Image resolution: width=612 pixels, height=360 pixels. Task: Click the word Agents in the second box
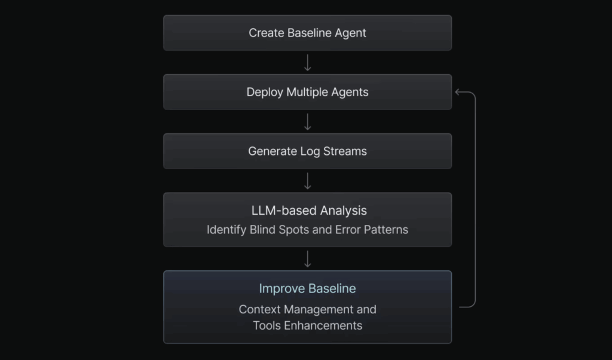click(350, 92)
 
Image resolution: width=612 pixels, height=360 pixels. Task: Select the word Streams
click(345, 151)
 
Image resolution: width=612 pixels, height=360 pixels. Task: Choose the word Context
click(259, 309)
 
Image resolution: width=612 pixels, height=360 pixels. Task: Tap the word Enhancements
click(323, 326)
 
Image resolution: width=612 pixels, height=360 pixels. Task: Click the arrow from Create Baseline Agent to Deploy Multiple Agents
click(308, 62)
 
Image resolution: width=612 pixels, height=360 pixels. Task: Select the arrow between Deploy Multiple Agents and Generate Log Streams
click(308, 122)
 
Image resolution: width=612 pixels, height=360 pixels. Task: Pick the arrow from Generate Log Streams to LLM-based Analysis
click(308, 181)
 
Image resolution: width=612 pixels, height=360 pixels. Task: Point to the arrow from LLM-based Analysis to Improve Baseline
click(308, 260)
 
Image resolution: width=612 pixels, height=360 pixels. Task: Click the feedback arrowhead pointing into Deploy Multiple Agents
click(457, 92)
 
